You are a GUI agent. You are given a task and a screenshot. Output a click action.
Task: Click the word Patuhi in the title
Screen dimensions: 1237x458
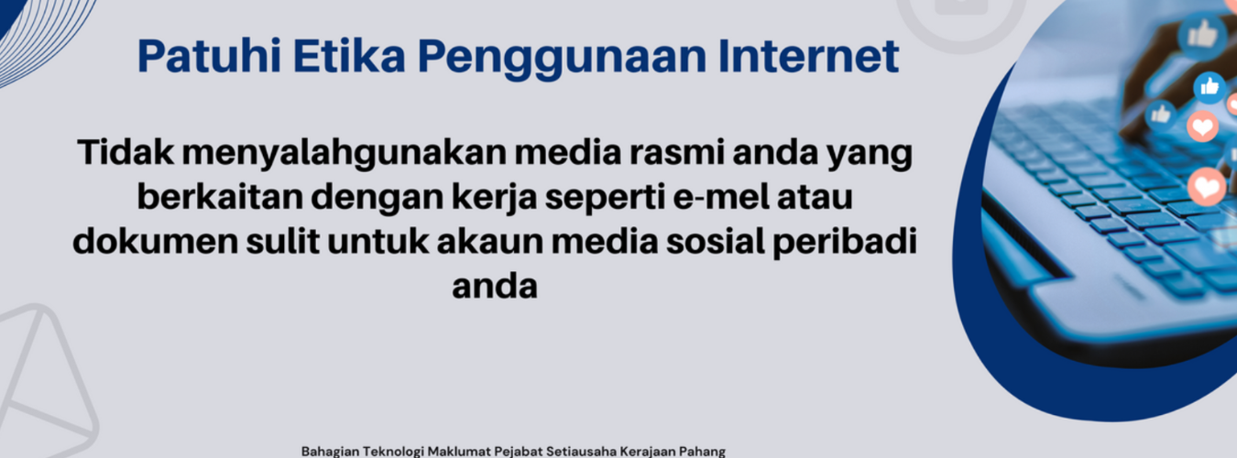coord(209,56)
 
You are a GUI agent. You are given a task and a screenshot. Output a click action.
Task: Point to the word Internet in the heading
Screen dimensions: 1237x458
coord(808,56)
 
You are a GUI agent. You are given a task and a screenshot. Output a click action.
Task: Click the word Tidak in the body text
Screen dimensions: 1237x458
coord(126,152)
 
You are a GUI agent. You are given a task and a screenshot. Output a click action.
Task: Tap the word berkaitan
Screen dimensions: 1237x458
coord(219,197)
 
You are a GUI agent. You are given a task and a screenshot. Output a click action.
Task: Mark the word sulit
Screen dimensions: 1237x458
coord(283,242)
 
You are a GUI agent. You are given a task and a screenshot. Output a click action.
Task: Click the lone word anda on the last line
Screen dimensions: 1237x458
coord(495,287)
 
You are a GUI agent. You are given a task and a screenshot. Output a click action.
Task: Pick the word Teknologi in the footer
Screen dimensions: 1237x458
coord(398,452)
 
